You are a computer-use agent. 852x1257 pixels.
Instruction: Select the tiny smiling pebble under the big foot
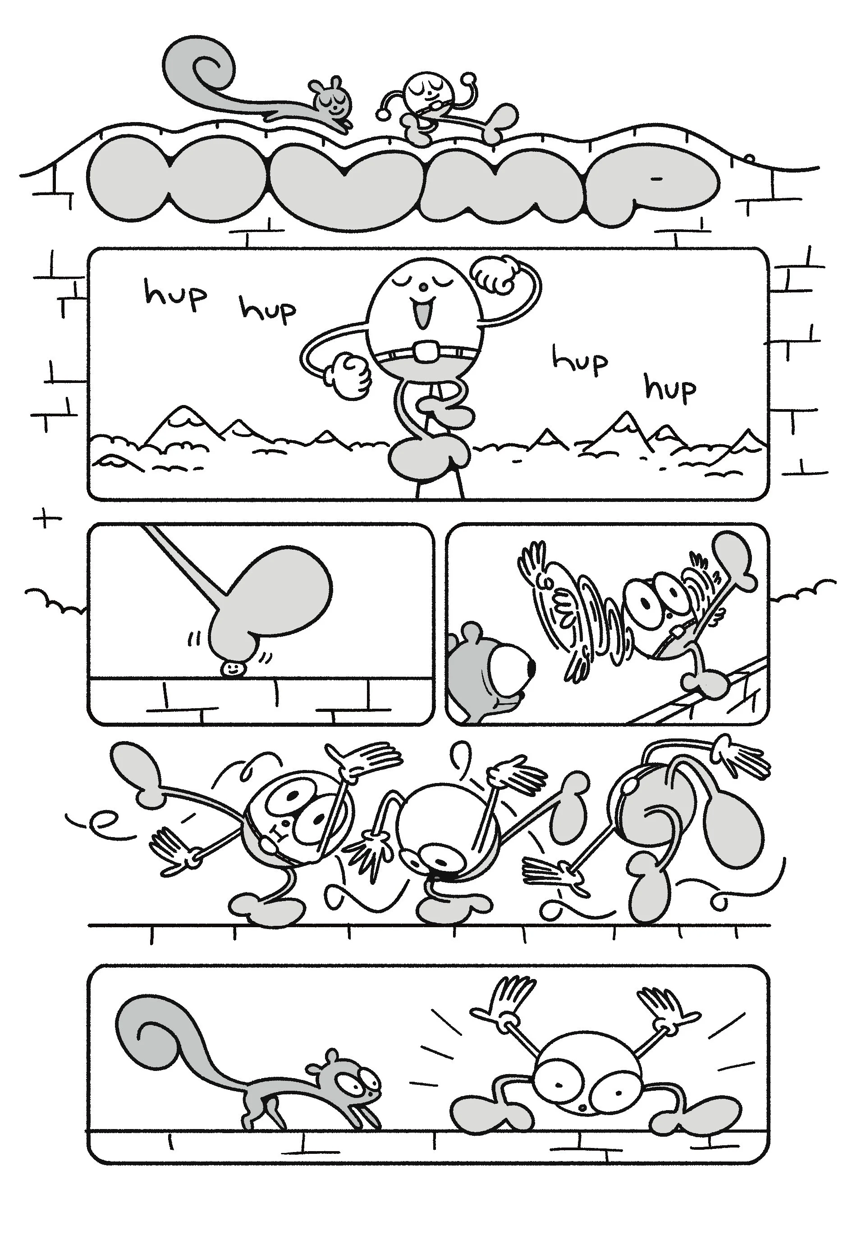pyautogui.click(x=234, y=669)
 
